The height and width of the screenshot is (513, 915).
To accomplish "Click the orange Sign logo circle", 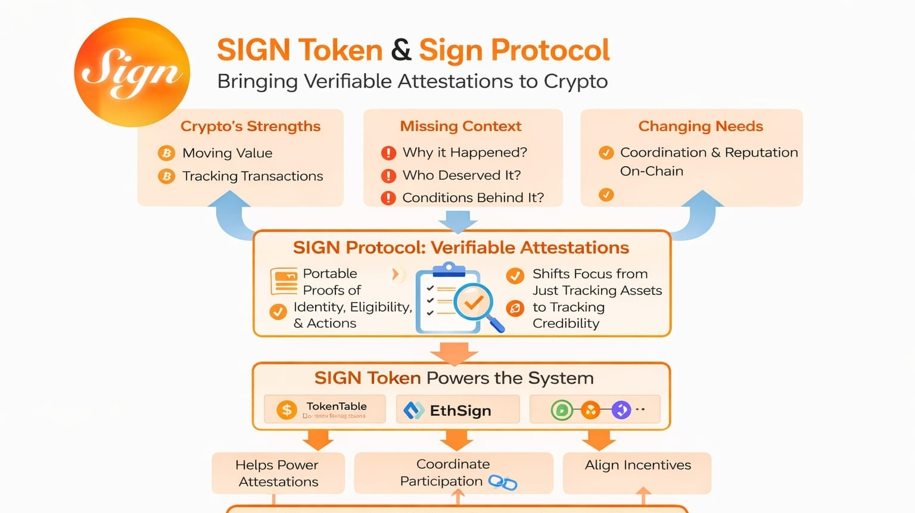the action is coord(132,72).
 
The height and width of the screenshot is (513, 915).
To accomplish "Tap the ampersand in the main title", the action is coord(401,50).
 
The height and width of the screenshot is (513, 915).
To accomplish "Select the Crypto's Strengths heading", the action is coord(250,126).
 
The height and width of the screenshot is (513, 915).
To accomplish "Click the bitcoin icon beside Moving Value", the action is coord(166,153).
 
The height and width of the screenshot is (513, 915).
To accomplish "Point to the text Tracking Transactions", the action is coord(253,176).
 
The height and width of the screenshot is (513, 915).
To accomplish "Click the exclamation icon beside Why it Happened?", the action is coord(388,153).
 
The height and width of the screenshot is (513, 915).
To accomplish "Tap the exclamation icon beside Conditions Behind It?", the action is coord(388,198).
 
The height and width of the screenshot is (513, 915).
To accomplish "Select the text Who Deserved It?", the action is coord(462,175).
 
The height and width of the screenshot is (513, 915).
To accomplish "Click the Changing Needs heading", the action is coord(701,126).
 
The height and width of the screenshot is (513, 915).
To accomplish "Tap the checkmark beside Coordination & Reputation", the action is coord(606,153).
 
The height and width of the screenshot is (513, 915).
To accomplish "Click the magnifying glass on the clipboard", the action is coord(475,304).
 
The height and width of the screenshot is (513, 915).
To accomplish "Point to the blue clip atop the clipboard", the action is coord(449,270).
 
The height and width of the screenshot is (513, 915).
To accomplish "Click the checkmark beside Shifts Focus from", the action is coord(515,275).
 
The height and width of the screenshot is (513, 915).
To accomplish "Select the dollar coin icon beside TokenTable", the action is coord(287,410).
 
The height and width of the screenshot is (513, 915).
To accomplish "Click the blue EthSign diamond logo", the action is coord(413,411).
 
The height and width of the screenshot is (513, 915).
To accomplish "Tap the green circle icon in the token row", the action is coord(561,410).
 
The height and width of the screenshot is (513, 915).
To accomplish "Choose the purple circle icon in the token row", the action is coord(621,410).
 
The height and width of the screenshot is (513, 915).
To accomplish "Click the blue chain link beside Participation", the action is coord(503,483).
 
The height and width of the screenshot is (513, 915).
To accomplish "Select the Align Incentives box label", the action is coord(637,465).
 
